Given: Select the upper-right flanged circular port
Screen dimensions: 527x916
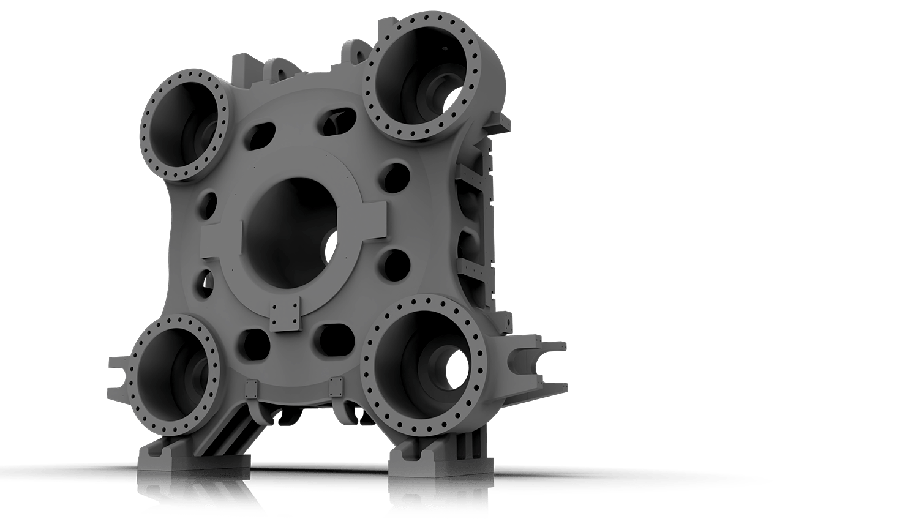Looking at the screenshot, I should pos(422,77).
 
